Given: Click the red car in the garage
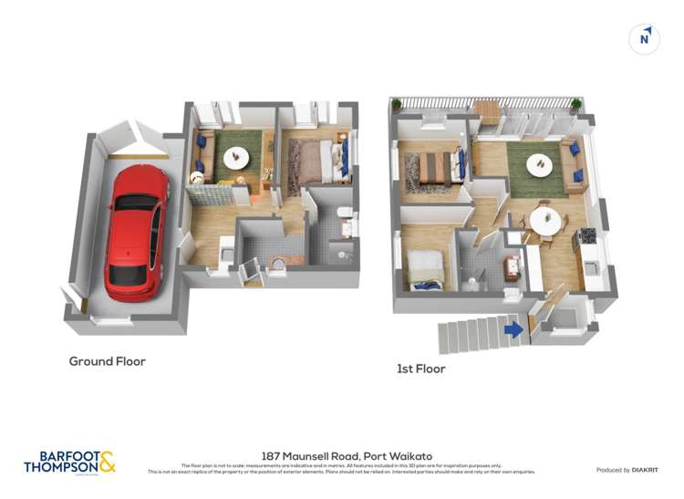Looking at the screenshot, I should click(x=137, y=233).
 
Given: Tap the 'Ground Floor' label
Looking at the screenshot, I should click(x=107, y=361).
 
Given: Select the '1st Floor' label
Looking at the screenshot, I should click(x=420, y=369).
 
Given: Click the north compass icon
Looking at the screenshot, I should click(x=645, y=38).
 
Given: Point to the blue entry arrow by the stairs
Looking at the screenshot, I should click(x=514, y=329).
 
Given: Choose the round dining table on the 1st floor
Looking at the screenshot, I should click(x=545, y=220).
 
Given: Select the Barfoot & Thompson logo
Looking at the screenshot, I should click(x=70, y=462).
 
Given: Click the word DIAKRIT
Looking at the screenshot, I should click(x=638, y=470).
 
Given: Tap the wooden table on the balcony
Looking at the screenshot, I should click(x=487, y=112).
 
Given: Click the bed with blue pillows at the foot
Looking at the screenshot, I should click(x=425, y=271).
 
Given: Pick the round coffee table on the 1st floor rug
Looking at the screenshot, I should click(x=539, y=165).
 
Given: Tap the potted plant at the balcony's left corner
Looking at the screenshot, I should click(x=397, y=105).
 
